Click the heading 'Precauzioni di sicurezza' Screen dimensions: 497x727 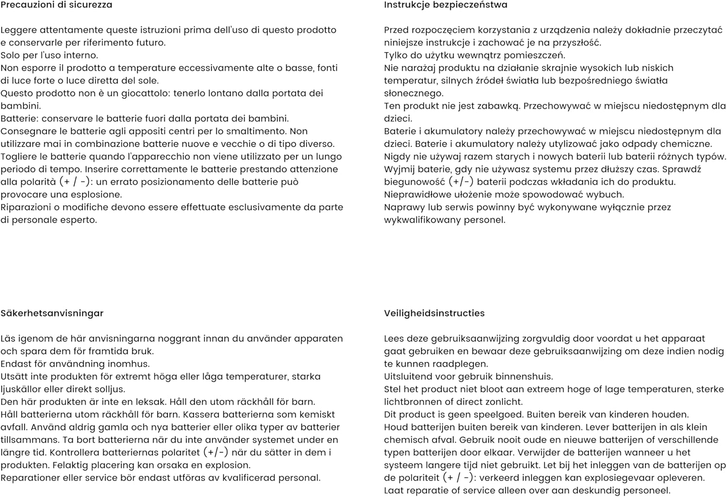56,5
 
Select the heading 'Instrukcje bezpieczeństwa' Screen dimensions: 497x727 445,5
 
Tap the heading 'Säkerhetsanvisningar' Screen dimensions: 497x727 52,313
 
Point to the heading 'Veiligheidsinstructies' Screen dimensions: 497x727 434,313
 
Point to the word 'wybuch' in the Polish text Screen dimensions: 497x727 608,195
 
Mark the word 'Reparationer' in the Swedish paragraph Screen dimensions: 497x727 31,478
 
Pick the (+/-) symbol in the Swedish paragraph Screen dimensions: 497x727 215,452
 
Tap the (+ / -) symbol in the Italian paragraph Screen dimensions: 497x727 76,182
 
